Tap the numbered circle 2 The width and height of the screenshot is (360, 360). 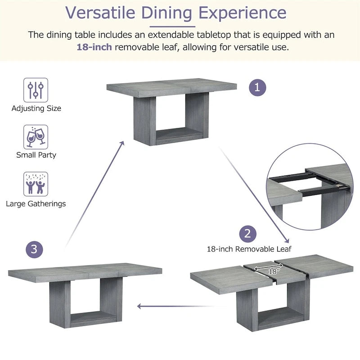247,234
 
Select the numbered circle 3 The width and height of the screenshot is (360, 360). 35,249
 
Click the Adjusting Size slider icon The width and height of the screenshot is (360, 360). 36,90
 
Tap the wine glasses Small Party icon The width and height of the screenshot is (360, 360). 36,137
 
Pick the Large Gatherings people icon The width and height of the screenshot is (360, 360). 36,184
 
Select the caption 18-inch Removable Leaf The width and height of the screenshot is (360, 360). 249,249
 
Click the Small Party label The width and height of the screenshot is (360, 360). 36,155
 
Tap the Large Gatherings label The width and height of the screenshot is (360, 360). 36,203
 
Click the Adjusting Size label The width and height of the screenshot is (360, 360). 36,108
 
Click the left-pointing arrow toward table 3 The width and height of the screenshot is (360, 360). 180,306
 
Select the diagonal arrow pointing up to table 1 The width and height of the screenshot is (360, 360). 94,193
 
